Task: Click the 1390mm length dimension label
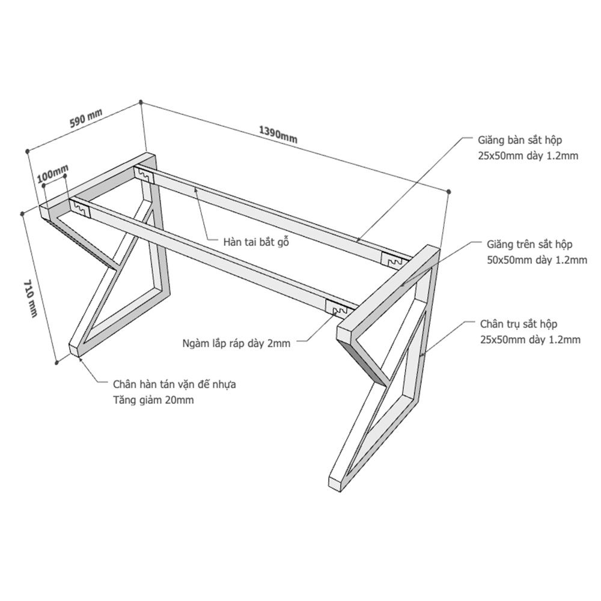tap(278, 135)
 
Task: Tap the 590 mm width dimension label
tap(86, 118)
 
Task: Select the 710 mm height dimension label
tap(31, 298)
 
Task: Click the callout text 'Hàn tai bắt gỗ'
tap(256, 242)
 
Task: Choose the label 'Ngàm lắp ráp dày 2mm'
tap(236, 343)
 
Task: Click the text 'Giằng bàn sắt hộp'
tap(520, 140)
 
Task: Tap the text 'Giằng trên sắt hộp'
tap(529, 244)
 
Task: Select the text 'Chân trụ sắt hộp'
tap(519, 324)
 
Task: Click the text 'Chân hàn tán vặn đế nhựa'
tap(174, 384)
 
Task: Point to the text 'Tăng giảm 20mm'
tap(153, 400)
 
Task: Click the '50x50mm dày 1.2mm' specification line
tap(537, 260)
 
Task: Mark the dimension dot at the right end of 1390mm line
tap(449, 191)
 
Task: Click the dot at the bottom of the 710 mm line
tap(56, 362)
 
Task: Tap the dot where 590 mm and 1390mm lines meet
tap(141, 102)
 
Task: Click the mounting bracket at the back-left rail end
tap(144, 175)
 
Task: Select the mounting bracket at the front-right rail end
tap(336, 305)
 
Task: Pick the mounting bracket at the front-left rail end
tap(80, 209)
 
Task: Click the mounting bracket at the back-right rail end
tap(392, 260)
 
